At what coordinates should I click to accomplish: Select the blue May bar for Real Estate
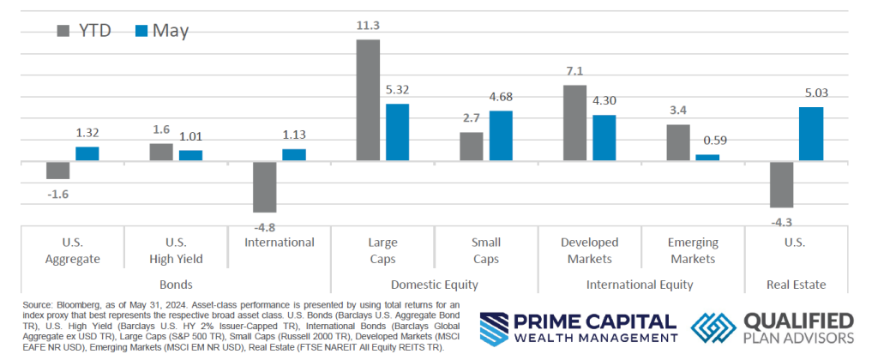811,134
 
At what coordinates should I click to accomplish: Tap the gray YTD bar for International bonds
265,186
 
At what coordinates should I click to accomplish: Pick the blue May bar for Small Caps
501,135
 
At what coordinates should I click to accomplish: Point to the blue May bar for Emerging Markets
707,158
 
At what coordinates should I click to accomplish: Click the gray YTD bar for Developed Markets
574,123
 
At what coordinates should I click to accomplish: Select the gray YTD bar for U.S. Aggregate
58,170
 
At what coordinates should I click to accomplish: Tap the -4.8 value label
265,225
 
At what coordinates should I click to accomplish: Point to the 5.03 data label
811,94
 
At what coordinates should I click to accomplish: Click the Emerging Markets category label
693,250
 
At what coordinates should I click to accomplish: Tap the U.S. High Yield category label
176,250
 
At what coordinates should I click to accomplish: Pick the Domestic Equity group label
434,284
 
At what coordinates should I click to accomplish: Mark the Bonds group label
175,284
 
